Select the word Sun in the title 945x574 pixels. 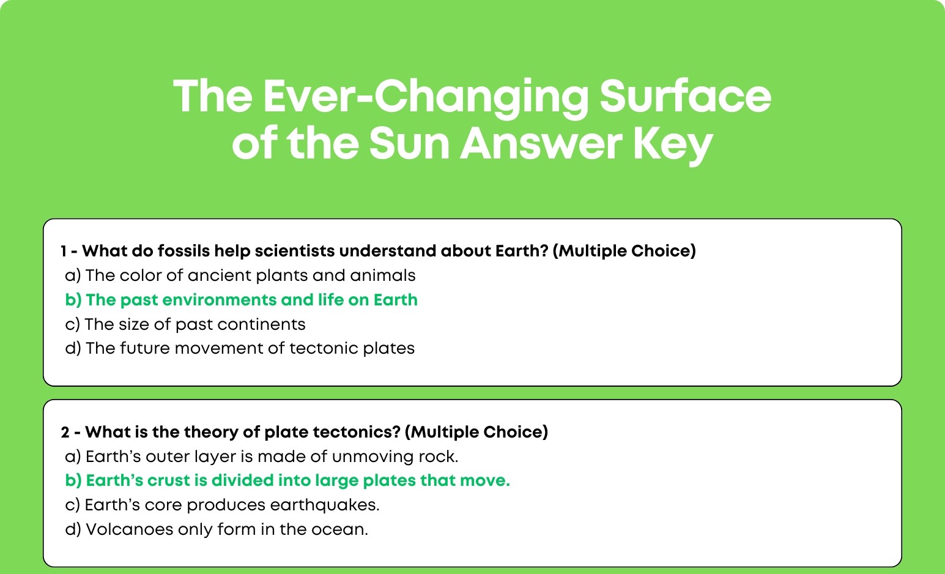(x=409, y=143)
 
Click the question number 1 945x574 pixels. (x=64, y=251)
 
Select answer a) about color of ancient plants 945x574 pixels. (x=240, y=275)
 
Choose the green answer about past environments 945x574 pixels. (x=242, y=300)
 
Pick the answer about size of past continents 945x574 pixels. (x=185, y=324)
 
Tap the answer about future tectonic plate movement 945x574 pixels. (x=240, y=348)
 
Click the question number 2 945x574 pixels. (x=65, y=432)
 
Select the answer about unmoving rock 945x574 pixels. (x=262, y=457)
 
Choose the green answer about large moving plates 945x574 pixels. (x=287, y=480)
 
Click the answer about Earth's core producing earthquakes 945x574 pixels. (x=222, y=505)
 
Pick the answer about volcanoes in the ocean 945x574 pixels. (x=217, y=529)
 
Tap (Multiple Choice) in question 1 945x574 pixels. (x=624, y=251)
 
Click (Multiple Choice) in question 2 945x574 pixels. (x=476, y=432)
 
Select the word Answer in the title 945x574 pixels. (x=541, y=143)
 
